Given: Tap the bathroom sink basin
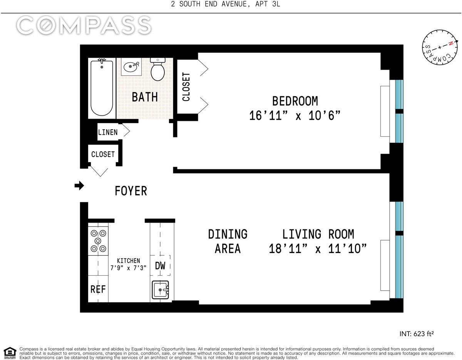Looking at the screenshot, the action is coord(131,67).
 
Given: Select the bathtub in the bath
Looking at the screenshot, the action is coord(102,88).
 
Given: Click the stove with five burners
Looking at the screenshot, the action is coord(98,241).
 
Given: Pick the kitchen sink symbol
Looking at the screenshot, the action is coord(160,290).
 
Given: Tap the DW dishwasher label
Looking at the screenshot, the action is coord(160,266).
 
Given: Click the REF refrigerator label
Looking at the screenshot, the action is coord(98,289).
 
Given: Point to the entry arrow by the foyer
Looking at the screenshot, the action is coord(79,186).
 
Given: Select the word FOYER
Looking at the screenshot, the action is coord(131,191).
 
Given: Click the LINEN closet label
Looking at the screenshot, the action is coord(108,132).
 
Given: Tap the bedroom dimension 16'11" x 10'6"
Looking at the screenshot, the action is coord(295,116).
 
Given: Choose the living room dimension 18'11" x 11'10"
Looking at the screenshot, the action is coord(318,249).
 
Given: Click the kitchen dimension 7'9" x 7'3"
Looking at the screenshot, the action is coord(129,268).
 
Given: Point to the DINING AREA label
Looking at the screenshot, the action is coord(228,241).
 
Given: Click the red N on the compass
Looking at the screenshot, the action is coord(450,44).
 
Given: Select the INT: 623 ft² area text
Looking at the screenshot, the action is coord(417,334).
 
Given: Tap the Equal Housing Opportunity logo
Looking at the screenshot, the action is coord(10,353).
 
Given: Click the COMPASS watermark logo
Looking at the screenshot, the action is coord(84,25).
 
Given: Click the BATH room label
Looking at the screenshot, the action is coord(145,97).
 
